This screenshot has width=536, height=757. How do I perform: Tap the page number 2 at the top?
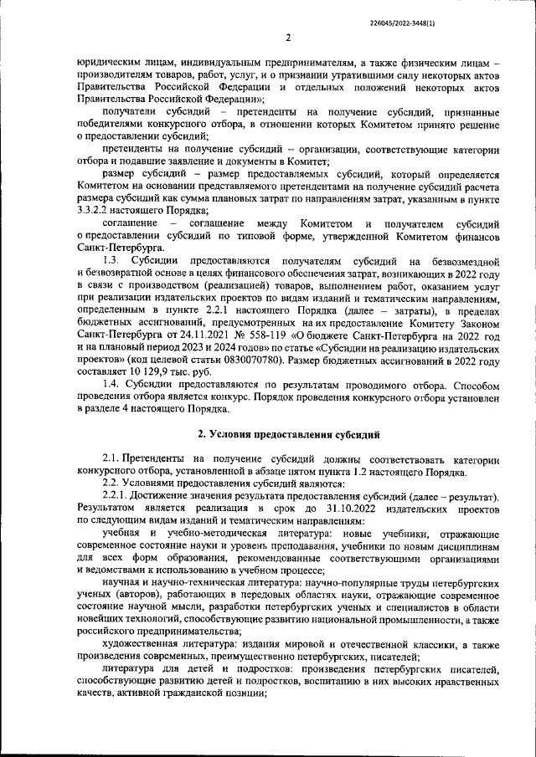point(287,38)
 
